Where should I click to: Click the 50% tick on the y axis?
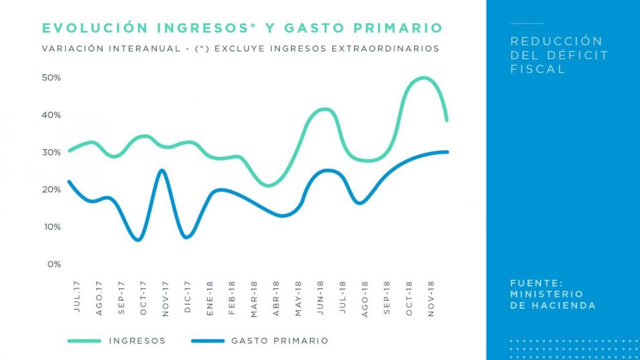pos(52,78)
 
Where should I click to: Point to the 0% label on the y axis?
pos(54,264)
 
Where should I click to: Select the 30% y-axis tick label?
pos(52,152)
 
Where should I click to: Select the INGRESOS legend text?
pos(137,341)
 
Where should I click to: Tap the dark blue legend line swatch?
pos(208,341)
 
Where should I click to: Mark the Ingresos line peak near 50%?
pos(423,78)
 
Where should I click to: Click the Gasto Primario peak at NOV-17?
pos(162,170)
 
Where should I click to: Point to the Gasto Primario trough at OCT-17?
pos(139,240)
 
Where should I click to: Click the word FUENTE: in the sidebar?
pos(536,283)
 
